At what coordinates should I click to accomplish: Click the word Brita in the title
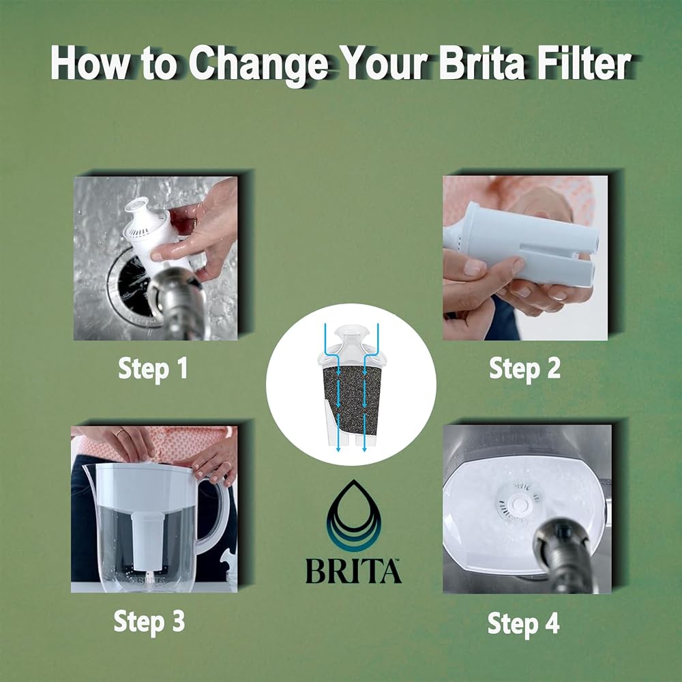tap(481, 63)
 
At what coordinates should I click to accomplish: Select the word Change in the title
tap(258, 66)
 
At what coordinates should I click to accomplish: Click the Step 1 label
tap(153, 368)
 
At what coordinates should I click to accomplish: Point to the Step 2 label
tap(524, 368)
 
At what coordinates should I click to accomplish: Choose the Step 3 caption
tap(149, 621)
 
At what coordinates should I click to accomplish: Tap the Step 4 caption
tap(523, 624)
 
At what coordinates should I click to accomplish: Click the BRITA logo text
tap(353, 571)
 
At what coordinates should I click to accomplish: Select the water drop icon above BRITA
tap(353, 516)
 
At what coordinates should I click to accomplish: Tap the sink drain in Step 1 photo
tap(133, 285)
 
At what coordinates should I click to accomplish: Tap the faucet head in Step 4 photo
tap(563, 552)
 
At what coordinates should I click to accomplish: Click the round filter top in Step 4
tap(519, 503)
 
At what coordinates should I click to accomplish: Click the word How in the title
tap(90, 63)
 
